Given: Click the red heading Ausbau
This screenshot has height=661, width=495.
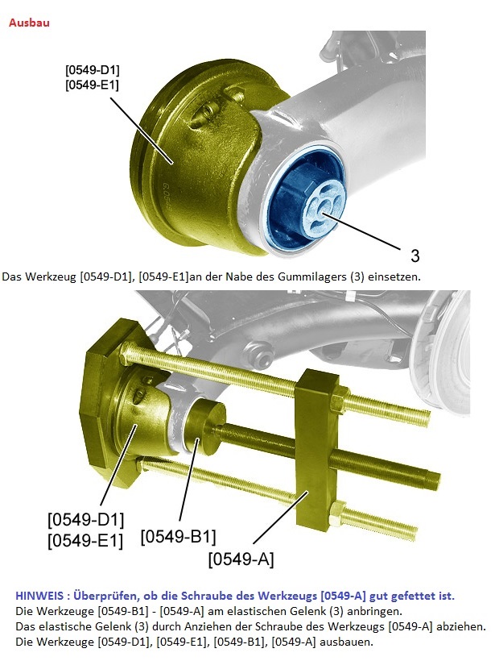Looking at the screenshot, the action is (x=29, y=23).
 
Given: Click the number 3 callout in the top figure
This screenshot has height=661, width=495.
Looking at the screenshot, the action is (x=415, y=256).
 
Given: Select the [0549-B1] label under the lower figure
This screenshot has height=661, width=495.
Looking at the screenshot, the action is (x=178, y=537).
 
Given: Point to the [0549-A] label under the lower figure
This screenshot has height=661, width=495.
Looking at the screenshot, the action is (x=241, y=559).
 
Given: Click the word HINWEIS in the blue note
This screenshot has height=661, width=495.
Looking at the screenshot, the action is (x=40, y=596).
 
